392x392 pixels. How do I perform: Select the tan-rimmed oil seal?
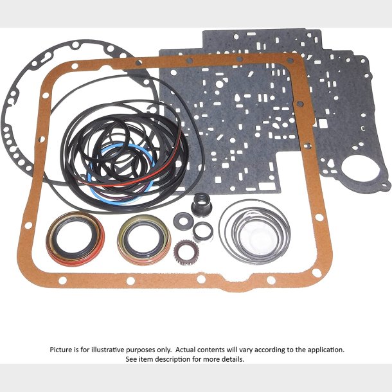click(x=144, y=240)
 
